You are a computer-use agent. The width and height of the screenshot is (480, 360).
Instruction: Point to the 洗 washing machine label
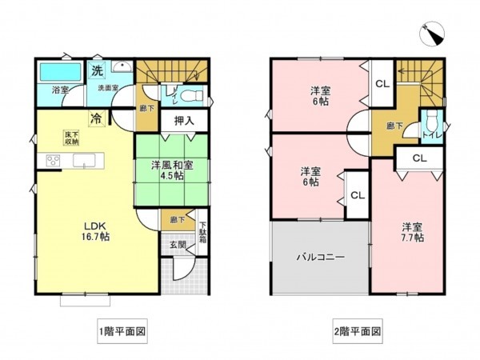(x=96, y=70)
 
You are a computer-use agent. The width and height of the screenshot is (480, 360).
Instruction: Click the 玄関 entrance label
(x=177, y=246)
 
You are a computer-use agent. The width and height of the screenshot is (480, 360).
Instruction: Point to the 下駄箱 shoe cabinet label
(x=202, y=233)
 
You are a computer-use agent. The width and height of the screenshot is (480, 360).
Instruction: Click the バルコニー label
(x=320, y=258)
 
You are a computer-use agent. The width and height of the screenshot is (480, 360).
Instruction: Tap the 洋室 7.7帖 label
(x=413, y=231)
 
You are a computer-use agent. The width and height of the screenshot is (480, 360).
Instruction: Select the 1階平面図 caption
(x=120, y=330)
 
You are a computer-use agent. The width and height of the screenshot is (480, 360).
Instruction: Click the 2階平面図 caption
(x=357, y=330)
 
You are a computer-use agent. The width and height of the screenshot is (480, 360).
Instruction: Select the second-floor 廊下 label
(x=394, y=125)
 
